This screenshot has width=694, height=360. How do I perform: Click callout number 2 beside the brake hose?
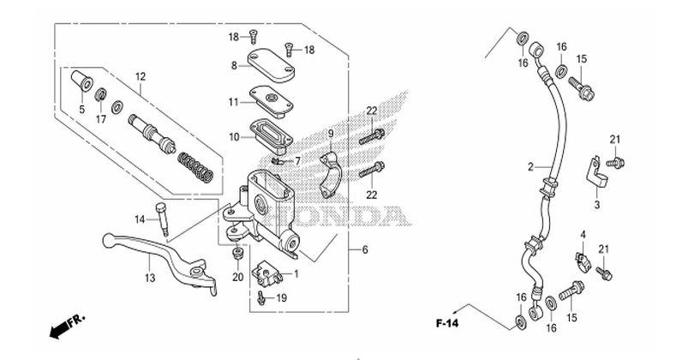(x=530, y=166)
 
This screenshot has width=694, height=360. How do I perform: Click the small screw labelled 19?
(x=260, y=297)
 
